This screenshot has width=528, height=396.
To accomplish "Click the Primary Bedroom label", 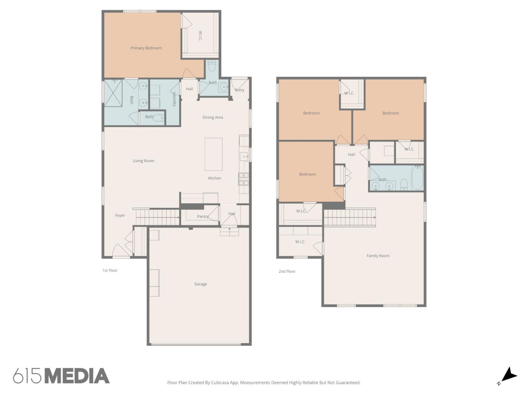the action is pyautogui.click(x=146, y=48).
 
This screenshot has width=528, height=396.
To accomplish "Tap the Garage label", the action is pyautogui.click(x=200, y=284).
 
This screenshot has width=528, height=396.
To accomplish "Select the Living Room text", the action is pyautogui.click(x=143, y=161).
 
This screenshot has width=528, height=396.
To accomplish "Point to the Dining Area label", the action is pyautogui.click(x=213, y=117).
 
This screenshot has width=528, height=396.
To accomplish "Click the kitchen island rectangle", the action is pyautogui.click(x=213, y=154).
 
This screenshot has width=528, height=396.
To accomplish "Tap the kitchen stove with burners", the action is pyautogui.click(x=244, y=179).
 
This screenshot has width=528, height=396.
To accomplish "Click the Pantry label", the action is pyautogui.click(x=203, y=216).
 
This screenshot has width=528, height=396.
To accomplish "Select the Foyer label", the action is pyautogui.click(x=120, y=215).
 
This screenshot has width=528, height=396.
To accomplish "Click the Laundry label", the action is pyautogui.click(x=174, y=99).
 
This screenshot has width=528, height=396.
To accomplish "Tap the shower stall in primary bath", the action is pyautogui.click(x=113, y=93).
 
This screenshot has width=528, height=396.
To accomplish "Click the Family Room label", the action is pyautogui.click(x=378, y=256).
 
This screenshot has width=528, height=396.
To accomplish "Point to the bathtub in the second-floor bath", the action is pyautogui.click(x=417, y=178).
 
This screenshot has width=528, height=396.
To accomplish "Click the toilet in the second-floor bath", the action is pyautogui.click(x=404, y=184).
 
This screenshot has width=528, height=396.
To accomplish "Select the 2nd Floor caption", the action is pyautogui.click(x=287, y=271).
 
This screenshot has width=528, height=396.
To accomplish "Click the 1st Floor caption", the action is pyautogui.click(x=110, y=270).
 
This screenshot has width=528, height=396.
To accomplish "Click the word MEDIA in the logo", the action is pyautogui.click(x=78, y=376).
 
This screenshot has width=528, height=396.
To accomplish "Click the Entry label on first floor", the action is pyautogui.click(x=240, y=90).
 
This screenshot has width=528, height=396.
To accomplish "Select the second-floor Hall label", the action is pyautogui.click(x=351, y=155).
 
